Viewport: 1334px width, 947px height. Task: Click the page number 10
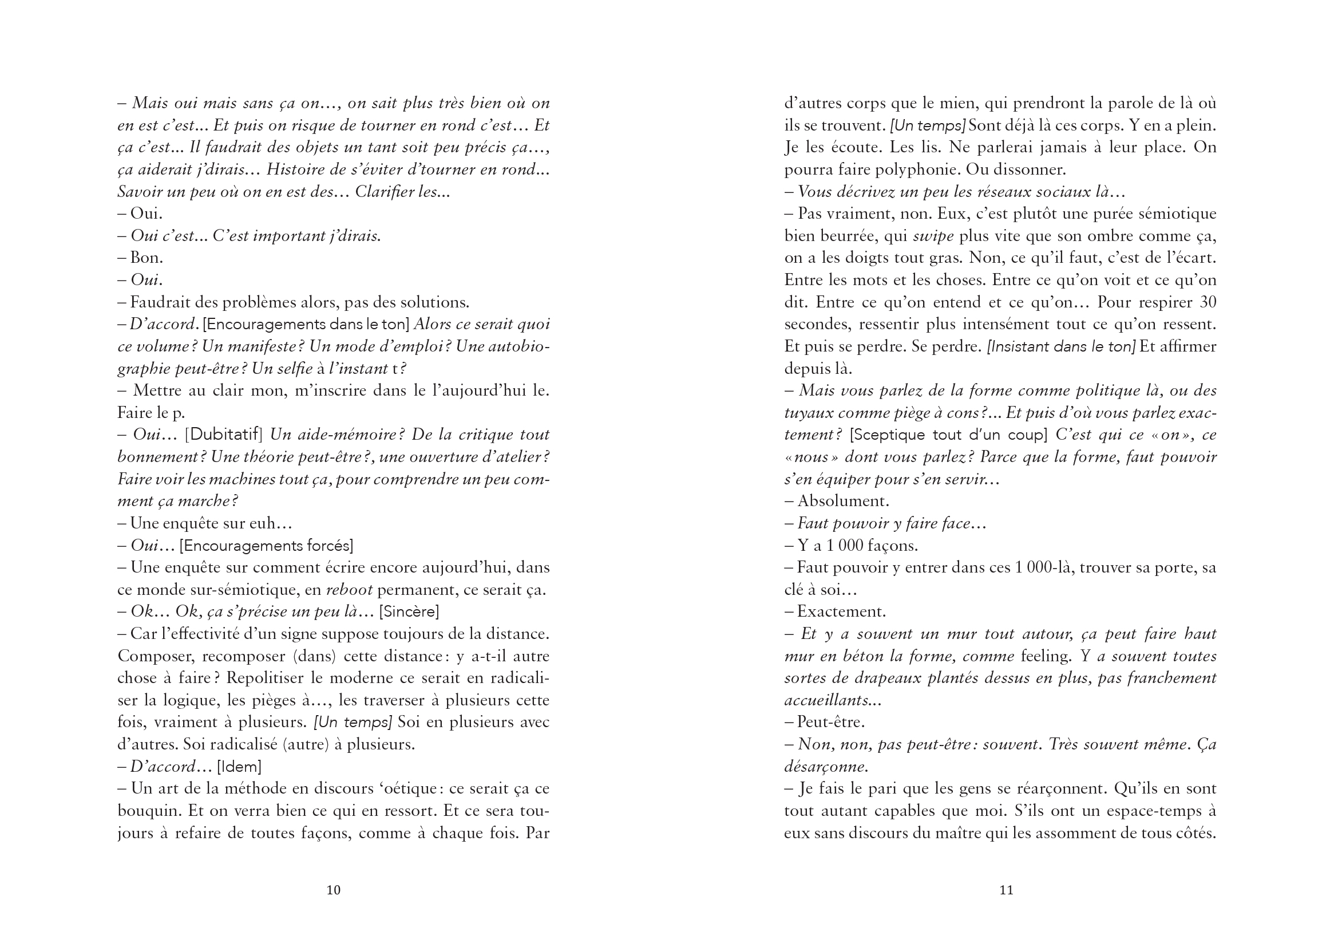click(333, 890)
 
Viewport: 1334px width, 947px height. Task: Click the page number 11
click(1007, 890)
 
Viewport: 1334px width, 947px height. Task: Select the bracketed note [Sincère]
click(409, 611)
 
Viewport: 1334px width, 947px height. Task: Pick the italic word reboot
click(349, 590)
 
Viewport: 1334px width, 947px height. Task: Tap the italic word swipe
click(933, 235)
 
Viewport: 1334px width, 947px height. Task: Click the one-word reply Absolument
click(843, 501)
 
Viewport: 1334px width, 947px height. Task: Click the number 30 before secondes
click(1208, 302)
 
